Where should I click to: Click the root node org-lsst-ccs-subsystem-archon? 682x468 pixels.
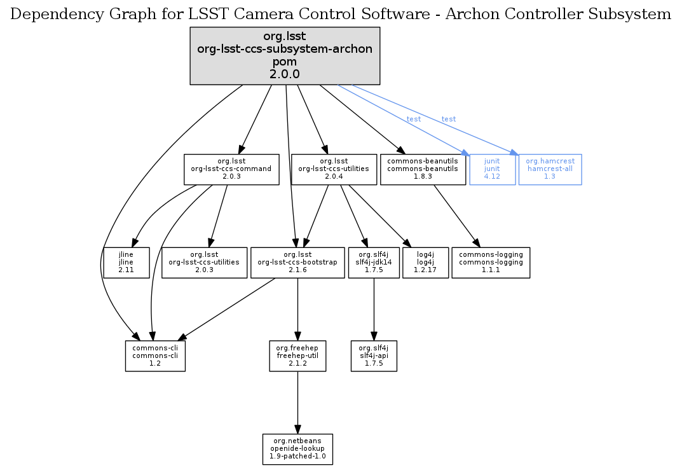(285, 56)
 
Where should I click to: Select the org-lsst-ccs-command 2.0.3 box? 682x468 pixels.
(231, 169)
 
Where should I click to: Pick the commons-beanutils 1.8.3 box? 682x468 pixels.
(423, 169)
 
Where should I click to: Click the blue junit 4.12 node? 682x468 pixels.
(492, 169)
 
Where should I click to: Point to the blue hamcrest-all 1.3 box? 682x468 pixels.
(550, 169)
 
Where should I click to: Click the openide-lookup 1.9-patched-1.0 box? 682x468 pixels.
(298, 449)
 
